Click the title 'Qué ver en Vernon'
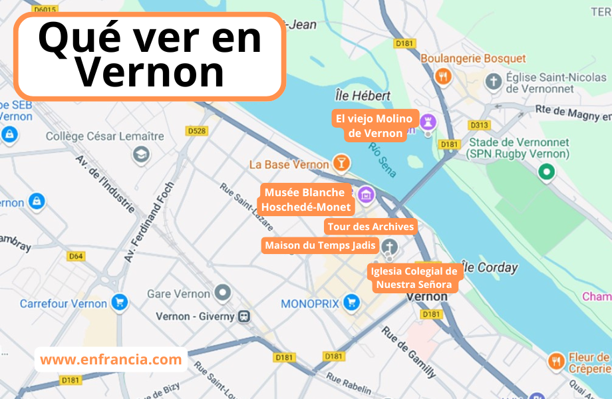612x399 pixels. [150, 56]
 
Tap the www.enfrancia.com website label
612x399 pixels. [110, 360]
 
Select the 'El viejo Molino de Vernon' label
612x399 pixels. [375, 126]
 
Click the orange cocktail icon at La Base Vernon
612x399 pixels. [341, 163]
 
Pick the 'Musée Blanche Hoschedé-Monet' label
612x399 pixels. [305, 199]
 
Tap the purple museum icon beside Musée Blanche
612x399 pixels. [365, 195]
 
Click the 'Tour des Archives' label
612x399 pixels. [371, 227]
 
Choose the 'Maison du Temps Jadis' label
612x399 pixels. [321, 245]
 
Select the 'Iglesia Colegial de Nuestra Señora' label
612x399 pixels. [415, 278]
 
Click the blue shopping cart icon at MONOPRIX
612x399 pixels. [351, 304]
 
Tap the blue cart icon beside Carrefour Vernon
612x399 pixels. [120, 303]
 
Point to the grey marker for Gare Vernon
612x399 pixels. [222, 293]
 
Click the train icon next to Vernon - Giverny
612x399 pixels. [244, 317]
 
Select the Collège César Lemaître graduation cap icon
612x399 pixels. [141, 155]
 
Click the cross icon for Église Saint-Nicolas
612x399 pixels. [493, 82]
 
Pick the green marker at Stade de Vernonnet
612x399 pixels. [546, 172]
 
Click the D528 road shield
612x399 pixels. [196, 131]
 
